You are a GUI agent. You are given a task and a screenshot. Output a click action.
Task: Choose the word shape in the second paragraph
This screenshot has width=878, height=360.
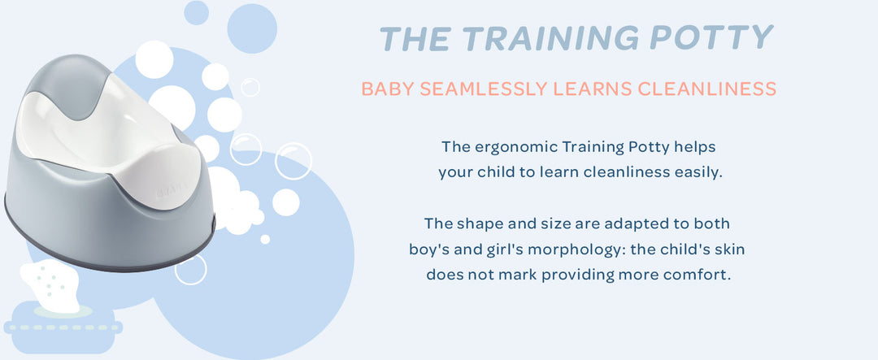[476, 224]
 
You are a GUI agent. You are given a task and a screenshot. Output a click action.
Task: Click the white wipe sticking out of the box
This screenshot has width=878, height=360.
[51, 285]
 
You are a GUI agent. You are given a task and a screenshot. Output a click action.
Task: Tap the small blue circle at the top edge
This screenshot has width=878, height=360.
[197, 12]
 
